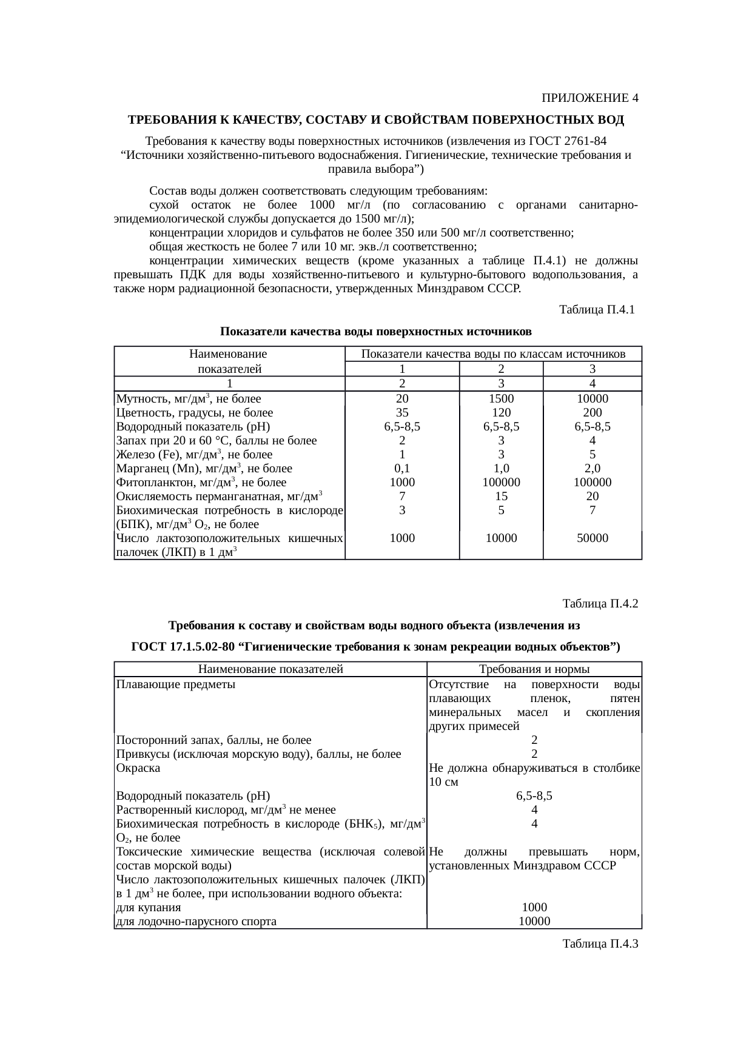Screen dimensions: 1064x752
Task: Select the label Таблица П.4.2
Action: point(600,604)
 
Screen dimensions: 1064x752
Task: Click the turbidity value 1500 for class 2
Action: point(501,399)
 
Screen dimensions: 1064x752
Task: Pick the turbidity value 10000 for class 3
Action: point(592,399)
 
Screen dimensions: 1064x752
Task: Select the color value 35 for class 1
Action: point(401,413)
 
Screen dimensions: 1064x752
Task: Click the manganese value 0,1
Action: point(401,469)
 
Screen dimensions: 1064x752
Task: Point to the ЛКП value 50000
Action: point(592,538)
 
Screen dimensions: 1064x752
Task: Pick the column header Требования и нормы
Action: point(534,669)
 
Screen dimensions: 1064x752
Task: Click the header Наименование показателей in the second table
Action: point(270,669)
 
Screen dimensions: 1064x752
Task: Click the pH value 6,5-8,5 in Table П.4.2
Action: point(534,796)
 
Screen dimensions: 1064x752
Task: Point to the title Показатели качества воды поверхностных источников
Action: point(375,332)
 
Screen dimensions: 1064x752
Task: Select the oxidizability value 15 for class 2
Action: point(501,497)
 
